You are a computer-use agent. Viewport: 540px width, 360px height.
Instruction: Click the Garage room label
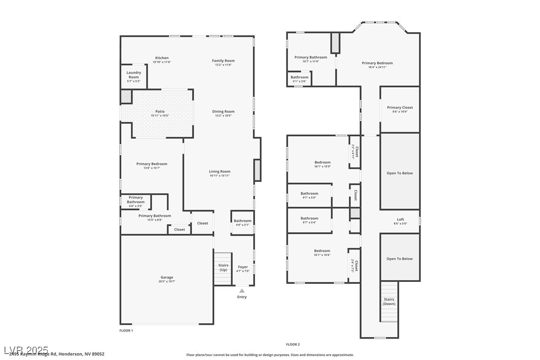167,277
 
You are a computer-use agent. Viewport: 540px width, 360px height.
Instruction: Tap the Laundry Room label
133,75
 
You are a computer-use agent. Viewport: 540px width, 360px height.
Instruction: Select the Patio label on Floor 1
160,111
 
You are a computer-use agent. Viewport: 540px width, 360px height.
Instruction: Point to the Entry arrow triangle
242,291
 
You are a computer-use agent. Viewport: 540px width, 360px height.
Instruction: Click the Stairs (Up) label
223,268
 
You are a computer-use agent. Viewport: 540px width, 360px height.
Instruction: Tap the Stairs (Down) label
389,301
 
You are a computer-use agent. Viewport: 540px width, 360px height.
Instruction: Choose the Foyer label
243,267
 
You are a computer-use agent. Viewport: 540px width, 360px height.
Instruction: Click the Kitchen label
162,58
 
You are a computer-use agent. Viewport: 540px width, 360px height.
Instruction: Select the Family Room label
223,61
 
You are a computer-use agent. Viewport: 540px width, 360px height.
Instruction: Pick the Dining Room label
223,111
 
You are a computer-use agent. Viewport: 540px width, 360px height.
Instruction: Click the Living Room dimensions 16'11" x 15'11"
219,176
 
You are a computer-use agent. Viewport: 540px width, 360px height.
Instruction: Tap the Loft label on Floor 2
400,219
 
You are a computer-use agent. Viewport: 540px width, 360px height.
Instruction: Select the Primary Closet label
400,107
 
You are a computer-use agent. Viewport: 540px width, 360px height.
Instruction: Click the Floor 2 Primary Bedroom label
377,63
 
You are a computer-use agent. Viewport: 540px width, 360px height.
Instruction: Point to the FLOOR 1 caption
126,330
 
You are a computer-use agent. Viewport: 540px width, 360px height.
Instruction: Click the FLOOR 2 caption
293,344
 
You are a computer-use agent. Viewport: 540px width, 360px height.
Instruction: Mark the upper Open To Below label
400,173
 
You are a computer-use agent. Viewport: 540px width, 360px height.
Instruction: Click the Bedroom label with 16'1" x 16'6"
322,251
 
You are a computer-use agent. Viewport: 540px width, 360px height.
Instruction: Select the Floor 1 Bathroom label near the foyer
243,221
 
